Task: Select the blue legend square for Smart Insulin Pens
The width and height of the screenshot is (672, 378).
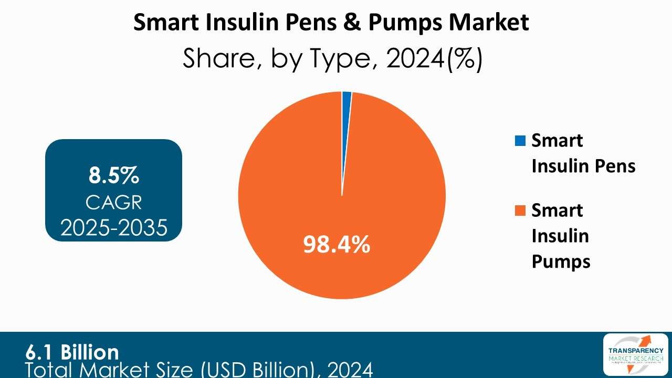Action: pos(521,141)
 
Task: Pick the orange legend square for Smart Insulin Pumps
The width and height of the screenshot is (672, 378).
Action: pos(521,211)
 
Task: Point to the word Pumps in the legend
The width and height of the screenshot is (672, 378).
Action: pos(561,261)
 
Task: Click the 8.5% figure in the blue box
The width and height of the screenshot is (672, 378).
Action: pos(113,176)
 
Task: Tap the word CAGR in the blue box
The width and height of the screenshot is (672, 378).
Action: pos(113,202)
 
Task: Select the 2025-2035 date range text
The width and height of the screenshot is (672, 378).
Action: pos(113,227)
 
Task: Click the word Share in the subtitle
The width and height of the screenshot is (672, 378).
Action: pos(220,60)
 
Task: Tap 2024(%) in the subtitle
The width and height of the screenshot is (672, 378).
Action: pos(434,60)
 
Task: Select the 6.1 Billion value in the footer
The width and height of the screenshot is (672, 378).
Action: pos(72,351)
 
